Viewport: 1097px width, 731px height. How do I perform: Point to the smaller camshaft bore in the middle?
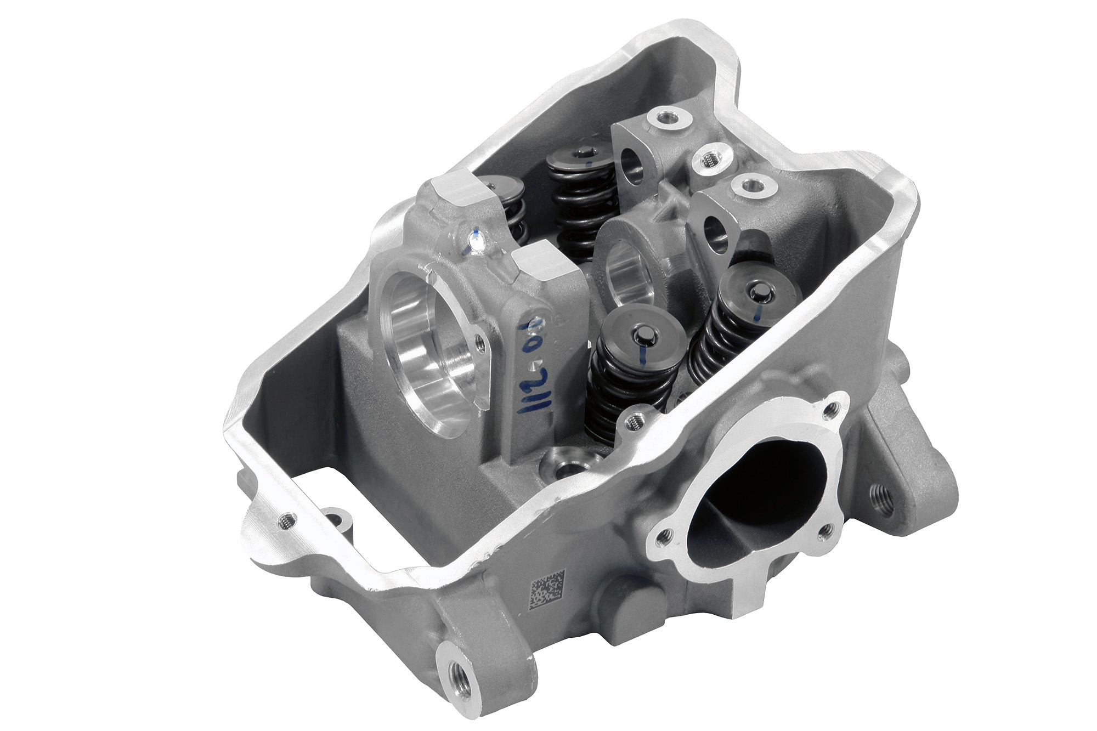pos(627,274)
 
